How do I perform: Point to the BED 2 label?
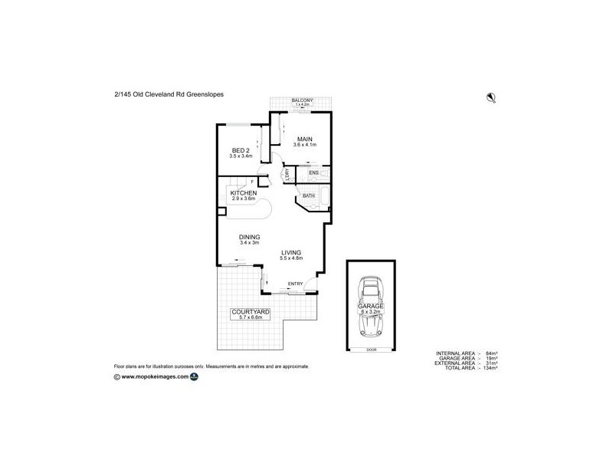pos(240,150)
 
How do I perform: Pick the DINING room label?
pos(249,237)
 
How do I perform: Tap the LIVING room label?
pos(291,252)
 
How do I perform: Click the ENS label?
pos(313,173)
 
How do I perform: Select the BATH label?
pos(308,196)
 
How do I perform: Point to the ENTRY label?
pos(294,284)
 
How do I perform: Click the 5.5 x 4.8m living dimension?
pos(291,258)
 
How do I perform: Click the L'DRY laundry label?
pos(287,175)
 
